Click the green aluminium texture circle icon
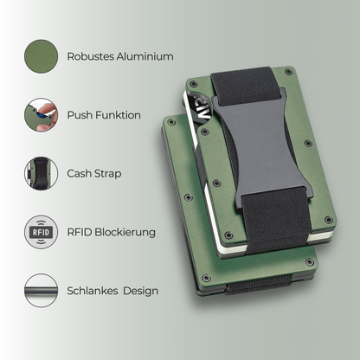coord(42,56)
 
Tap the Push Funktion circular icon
coord(42,115)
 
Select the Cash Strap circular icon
coord(42,173)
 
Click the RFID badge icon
coord(42,231)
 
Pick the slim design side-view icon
coord(42,290)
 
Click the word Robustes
coord(92,56)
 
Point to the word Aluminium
coord(145,56)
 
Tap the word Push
coord(80,115)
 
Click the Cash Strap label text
coord(93,173)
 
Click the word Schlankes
coord(94,290)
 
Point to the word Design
coord(140,290)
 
